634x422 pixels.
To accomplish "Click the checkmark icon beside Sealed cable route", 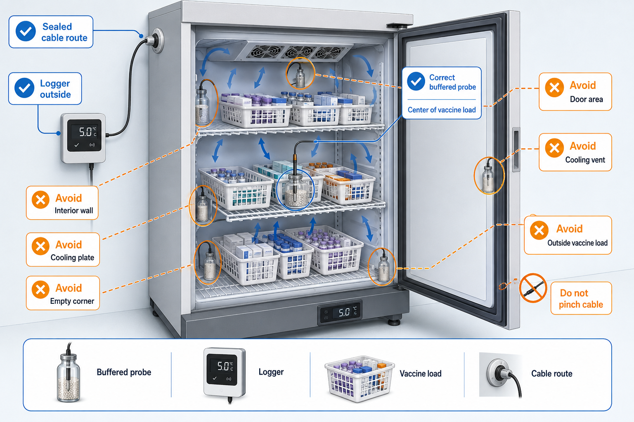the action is [x=26, y=31].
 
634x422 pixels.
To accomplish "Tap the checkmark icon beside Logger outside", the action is [x=25, y=88].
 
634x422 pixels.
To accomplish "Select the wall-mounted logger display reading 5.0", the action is [x=83, y=138].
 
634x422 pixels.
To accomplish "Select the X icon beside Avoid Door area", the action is [x=554, y=88].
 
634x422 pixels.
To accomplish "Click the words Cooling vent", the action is [x=585, y=160].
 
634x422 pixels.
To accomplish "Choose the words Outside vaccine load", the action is [x=577, y=243].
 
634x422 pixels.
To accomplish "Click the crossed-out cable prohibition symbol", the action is [x=533, y=288].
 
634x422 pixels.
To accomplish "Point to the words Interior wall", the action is [x=73, y=211].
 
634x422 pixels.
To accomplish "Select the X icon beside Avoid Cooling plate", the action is [x=41, y=246].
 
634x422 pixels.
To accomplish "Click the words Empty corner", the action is [x=72, y=301].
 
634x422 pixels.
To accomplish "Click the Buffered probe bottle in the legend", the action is [x=69, y=373].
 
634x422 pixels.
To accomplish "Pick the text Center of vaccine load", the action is [x=442, y=110].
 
